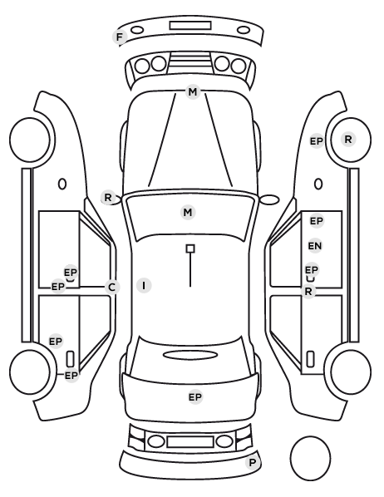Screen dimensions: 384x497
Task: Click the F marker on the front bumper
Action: (x=120, y=37)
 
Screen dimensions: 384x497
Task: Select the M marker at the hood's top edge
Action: (x=193, y=92)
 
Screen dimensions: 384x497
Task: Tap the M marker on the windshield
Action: (x=188, y=212)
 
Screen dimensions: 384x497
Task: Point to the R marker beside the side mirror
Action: (x=108, y=198)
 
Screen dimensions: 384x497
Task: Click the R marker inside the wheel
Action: (x=348, y=139)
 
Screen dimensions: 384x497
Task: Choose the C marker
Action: (x=111, y=288)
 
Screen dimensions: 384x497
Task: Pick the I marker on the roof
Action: (x=144, y=285)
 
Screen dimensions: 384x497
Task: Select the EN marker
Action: (x=315, y=246)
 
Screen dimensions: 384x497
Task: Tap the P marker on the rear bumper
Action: (x=253, y=462)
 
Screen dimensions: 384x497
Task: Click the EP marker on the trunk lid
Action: (x=195, y=396)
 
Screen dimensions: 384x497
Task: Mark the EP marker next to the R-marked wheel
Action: (x=316, y=141)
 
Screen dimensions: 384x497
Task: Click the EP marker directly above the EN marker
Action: (x=316, y=221)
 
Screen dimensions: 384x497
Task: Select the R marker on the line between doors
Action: (x=308, y=291)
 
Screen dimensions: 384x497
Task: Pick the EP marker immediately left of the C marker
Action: (x=57, y=287)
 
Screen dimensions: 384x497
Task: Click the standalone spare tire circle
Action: (x=310, y=458)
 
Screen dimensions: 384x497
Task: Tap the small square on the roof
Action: (x=190, y=248)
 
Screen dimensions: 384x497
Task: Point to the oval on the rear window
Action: (x=190, y=355)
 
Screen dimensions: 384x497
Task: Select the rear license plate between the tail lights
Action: (x=190, y=442)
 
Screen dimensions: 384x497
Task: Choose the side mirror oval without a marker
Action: (x=269, y=199)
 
